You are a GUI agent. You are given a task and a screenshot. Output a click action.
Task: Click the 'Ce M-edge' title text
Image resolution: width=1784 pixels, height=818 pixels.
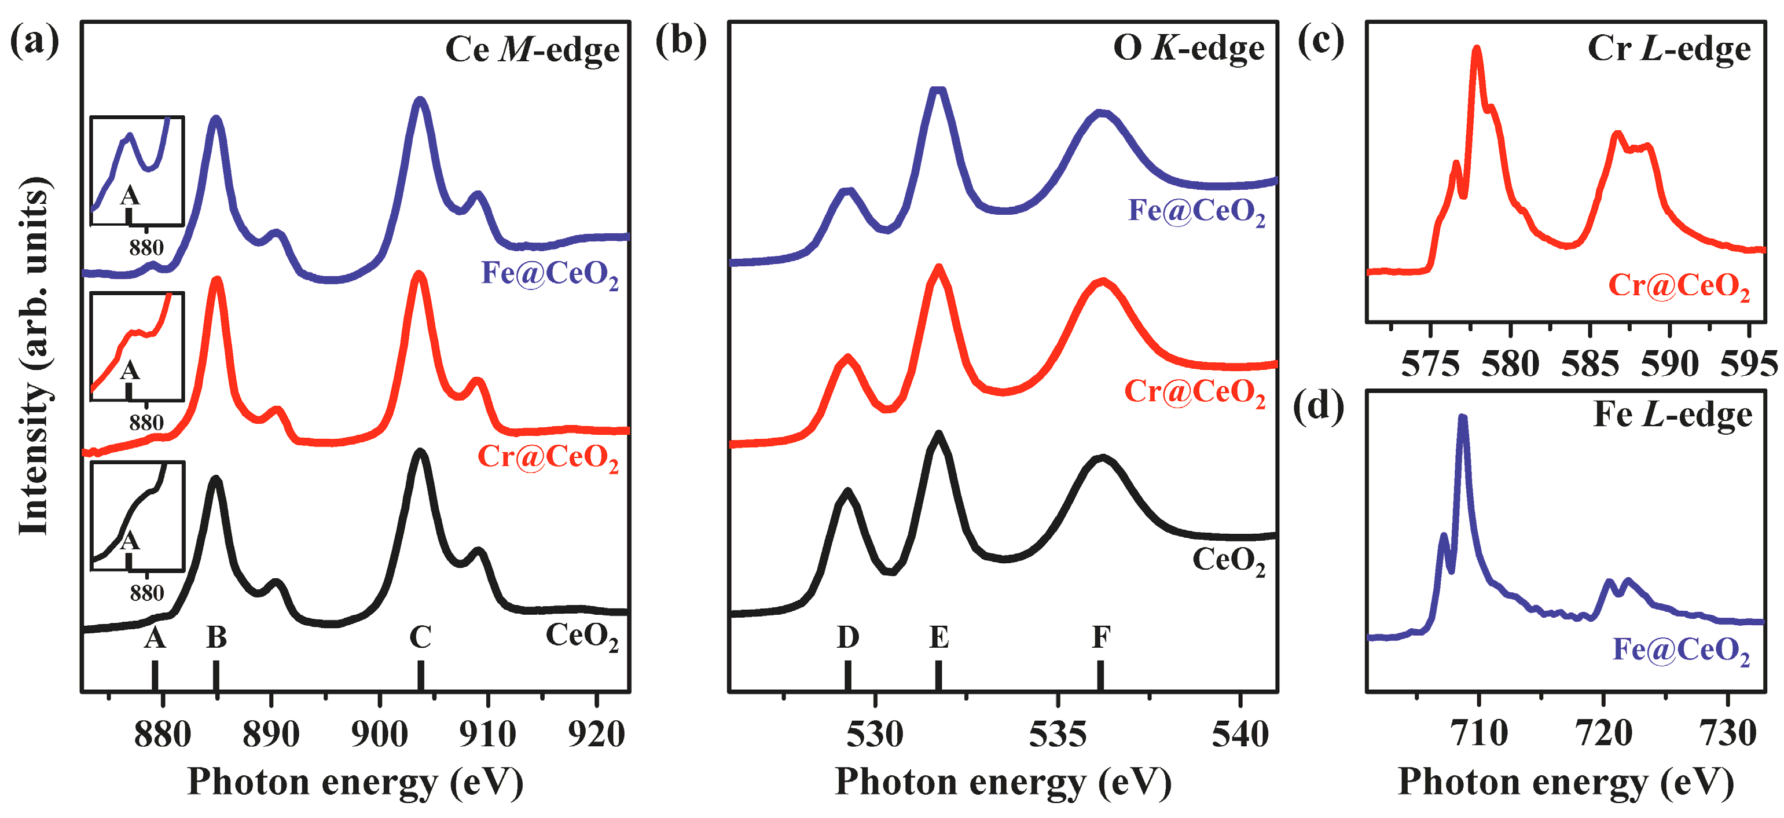[x=531, y=50]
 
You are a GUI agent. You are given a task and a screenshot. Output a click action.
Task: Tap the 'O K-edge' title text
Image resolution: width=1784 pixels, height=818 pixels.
[x=1188, y=49]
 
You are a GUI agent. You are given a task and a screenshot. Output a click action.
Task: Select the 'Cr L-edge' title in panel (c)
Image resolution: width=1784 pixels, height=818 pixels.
[x=1668, y=49]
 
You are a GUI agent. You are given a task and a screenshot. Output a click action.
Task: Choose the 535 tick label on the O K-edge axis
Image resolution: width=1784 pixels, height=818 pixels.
[x=1057, y=734]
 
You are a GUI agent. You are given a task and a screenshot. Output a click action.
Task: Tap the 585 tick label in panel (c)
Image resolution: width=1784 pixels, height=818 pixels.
[x=1590, y=364]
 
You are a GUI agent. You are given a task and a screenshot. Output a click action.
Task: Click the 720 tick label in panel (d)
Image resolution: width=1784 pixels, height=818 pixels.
[x=1603, y=733]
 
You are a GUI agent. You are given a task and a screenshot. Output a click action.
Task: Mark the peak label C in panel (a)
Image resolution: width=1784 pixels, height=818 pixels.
[x=420, y=637]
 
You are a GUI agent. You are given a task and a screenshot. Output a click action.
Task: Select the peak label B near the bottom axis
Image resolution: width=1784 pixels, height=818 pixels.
[x=216, y=637]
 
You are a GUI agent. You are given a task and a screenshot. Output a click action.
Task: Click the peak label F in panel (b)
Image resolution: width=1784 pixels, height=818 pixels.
[x=1100, y=637]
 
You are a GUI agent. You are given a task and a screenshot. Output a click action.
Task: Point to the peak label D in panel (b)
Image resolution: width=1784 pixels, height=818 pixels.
[x=847, y=637]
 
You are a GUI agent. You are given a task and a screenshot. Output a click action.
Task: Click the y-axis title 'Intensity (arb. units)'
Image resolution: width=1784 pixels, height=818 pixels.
[x=34, y=356]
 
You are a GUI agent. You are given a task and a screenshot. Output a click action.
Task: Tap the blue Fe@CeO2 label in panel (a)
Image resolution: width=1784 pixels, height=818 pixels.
[x=549, y=274]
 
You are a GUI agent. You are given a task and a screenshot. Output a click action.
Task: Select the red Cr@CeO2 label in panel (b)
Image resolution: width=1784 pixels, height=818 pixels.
[x=1195, y=393]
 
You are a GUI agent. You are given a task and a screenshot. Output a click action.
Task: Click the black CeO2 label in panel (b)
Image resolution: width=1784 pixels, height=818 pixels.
[x=1228, y=560]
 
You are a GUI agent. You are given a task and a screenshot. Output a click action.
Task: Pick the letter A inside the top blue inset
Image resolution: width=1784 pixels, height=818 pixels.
[x=130, y=196]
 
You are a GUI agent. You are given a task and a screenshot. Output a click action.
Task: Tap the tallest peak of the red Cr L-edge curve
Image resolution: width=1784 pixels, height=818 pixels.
[x=1477, y=50]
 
